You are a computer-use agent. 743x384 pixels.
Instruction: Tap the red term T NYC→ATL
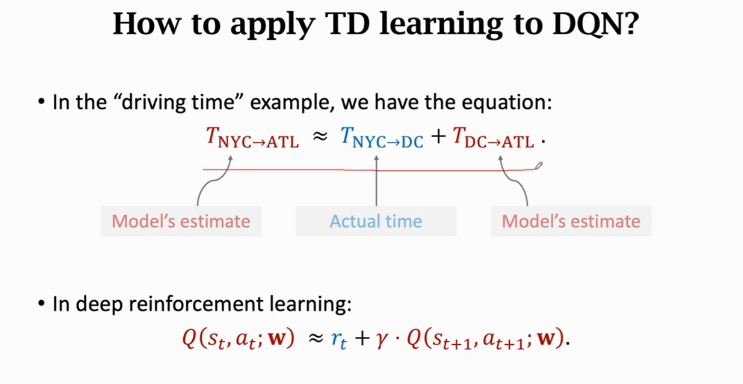click(x=252, y=138)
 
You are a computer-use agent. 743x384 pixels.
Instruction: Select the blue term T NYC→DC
click(x=382, y=138)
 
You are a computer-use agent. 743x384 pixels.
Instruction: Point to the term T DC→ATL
click(x=493, y=138)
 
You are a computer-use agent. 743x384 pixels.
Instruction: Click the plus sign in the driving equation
click(x=438, y=138)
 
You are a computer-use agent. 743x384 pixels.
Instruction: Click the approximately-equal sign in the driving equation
click(x=320, y=137)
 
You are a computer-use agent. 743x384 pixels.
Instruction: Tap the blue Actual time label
click(x=375, y=222)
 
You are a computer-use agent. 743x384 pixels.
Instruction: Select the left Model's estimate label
click(x=181, y=222)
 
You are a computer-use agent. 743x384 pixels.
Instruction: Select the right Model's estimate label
click(x=571, y=222)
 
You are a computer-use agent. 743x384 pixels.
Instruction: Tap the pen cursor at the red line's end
click(x=539, y=165)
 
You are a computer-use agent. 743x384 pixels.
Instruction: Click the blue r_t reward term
click(x=339, y=340)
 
